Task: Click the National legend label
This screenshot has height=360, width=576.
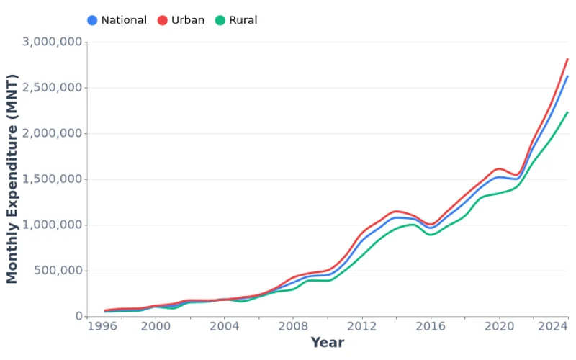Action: coord(124,20)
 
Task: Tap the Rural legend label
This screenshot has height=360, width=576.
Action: coord(243,20)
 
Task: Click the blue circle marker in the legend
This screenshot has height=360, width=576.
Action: coord(92,20)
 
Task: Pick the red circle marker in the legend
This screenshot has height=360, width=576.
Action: coord(163,20)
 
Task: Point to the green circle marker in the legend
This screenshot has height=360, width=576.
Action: coord(220,20)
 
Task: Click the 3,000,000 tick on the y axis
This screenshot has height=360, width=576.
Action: coord(51,42)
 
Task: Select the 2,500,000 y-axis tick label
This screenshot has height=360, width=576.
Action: coord(51,88)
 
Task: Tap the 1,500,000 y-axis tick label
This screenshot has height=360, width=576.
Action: coord(51,179)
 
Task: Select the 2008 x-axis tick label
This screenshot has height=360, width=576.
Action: coord(293,326)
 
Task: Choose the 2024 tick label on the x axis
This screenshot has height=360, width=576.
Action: coord(552,326)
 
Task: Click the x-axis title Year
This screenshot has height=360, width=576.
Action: coord(327,343)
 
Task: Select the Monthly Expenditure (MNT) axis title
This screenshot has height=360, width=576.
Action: coord(12,179)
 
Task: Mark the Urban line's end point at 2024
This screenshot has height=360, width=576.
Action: coord(567,59)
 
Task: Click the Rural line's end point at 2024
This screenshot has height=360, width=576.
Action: coord(567,112)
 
